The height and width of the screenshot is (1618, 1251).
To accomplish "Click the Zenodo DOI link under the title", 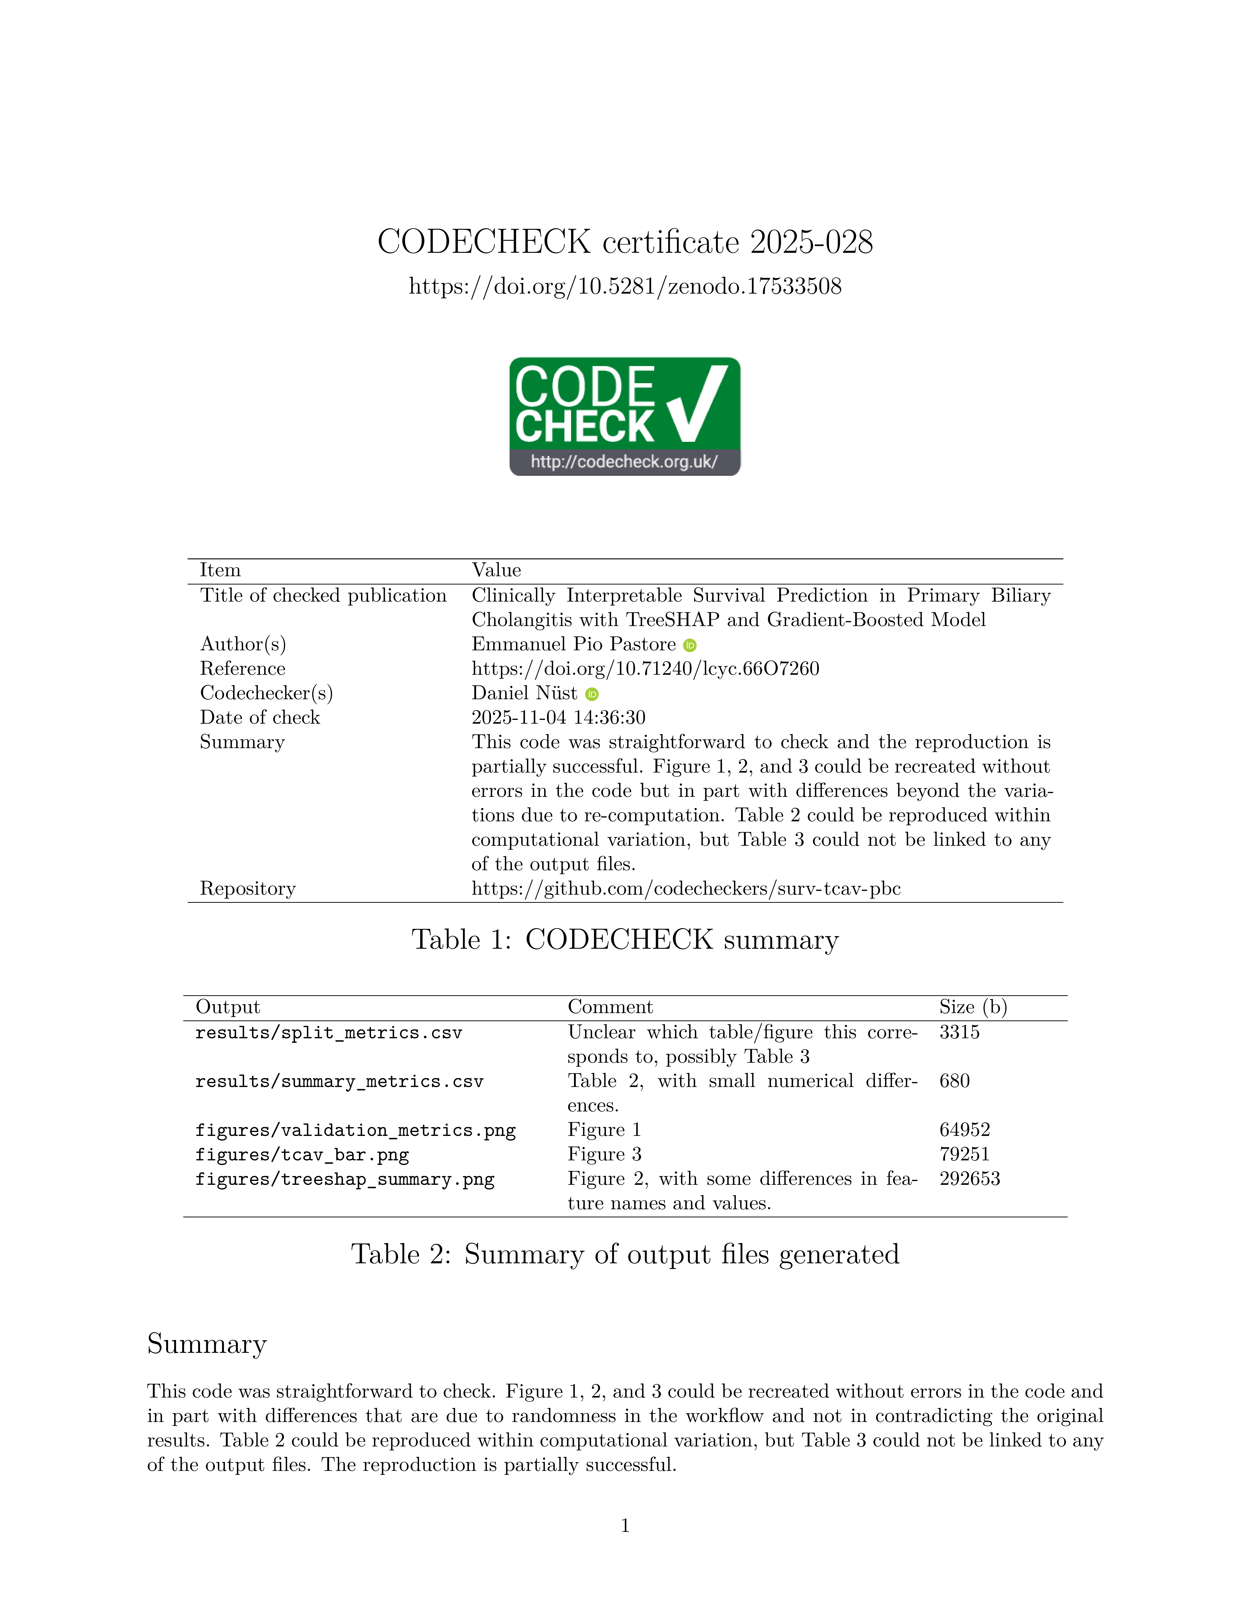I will (x=625, y=287).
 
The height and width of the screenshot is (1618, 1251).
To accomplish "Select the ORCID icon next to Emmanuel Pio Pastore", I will (x=690, y=645).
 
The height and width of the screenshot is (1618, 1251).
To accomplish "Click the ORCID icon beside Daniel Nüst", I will (x=591, y=694).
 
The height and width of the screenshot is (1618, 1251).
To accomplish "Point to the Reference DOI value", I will (x=645, y=669).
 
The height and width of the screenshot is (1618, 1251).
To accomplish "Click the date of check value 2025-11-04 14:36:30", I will (x=558, y=718).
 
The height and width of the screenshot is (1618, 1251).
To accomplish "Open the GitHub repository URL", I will (x=685, y=889).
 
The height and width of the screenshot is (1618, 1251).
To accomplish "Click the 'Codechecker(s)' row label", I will (x=266, y=693).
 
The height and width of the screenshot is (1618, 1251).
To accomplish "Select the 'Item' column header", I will (x=220, y=571).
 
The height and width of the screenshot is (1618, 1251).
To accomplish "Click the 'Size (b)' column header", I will (x=972, y=1008).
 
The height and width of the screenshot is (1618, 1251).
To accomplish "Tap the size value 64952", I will (x=964, y=1131).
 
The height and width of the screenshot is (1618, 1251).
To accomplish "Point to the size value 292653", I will (x=969, y=1179).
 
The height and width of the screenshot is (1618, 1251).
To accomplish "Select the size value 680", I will (x=955, y=1082).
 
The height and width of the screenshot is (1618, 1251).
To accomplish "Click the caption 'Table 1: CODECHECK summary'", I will (x=625, y=940).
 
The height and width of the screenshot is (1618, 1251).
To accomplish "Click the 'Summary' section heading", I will (x=207, y=1344).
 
